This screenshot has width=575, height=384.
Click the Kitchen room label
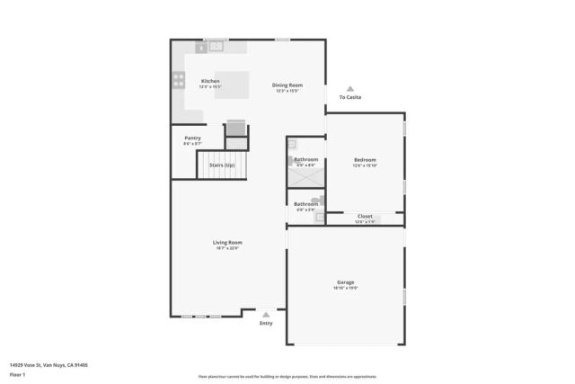pyautogui.click(x=209, y=81)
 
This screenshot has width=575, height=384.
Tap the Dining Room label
pyautogui.click(x=287, y=85)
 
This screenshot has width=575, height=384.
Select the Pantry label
pyautogui.click(x=192, y=138)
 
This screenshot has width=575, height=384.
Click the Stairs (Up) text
pyautogui.click(x=222, y=165)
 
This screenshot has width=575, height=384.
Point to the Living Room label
pyautogui.click(x=227, y=242)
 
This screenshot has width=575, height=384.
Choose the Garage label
pyautogui.click(x=346, y=282)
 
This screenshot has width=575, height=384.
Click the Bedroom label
pyautogui.click(x=365, y=160)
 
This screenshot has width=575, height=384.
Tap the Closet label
pyautogui.click(x=365, y=216)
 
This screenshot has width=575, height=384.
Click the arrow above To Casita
pyautogui.click(x=350, y=88)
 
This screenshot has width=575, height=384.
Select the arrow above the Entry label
pyautogui.click(x=266, y=315)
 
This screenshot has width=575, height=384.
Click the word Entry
pyautogui.click(x=266, y=324)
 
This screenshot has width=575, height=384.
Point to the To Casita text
pyautogui.click(x=350, y=97)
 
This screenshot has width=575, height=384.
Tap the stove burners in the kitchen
pyautogui.click(x=177, y=83)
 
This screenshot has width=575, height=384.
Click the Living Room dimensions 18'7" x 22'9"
pyautogui.click(x=227, y=248)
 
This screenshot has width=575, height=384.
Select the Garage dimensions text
pyautogui.click(x=346, y=289)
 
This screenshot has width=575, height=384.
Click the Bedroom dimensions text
pyautogui.click(x=365, y=166)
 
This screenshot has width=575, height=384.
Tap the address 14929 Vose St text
pyautogui.click(x=49, y=365)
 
